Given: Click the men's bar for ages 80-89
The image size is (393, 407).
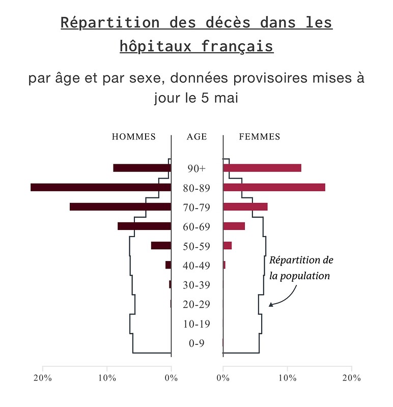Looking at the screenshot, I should [x=101, y=187].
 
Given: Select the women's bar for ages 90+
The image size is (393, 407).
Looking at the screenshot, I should [x=262, y=168].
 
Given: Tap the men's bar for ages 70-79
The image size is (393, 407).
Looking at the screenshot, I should [x=120, y=207].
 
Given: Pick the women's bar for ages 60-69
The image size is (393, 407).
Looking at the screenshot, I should [x=234, y=226].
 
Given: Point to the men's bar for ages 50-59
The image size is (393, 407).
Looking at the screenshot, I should [x=161, y=245].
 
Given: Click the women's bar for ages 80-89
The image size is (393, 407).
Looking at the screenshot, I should [x=274, y=187].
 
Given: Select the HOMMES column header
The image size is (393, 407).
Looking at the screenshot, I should [x=134, y=137].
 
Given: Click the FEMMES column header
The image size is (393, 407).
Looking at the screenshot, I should [x=260, y=137].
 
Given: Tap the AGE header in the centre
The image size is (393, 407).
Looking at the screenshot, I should [x=196, y=137].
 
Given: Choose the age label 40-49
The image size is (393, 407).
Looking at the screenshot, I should [x=196, y=266].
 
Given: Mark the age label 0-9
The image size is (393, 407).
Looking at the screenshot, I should [x=196, y=344].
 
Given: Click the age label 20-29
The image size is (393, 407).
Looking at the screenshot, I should [x=196, y=305].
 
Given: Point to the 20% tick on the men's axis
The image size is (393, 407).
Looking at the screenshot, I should [x=43, y=378].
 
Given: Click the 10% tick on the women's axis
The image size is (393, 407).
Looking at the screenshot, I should [x=287, y=378].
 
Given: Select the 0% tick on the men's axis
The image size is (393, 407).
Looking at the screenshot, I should [x=171, y=378].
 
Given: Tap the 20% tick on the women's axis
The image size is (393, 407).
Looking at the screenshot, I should [x=351, y=378].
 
